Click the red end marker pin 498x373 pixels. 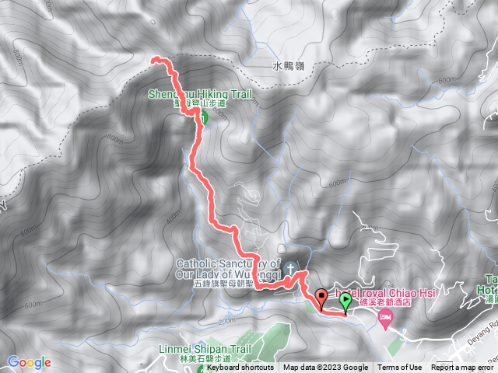coord(321,297)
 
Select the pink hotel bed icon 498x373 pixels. coord(384,317)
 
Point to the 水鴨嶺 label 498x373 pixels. coord(287,66)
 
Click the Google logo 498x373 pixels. coord(30,362)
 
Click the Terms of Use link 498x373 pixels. coord(400,368)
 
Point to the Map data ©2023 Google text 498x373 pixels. coord(325,368)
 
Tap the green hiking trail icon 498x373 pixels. coord(199,117)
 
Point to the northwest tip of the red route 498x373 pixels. coord(153,59)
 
